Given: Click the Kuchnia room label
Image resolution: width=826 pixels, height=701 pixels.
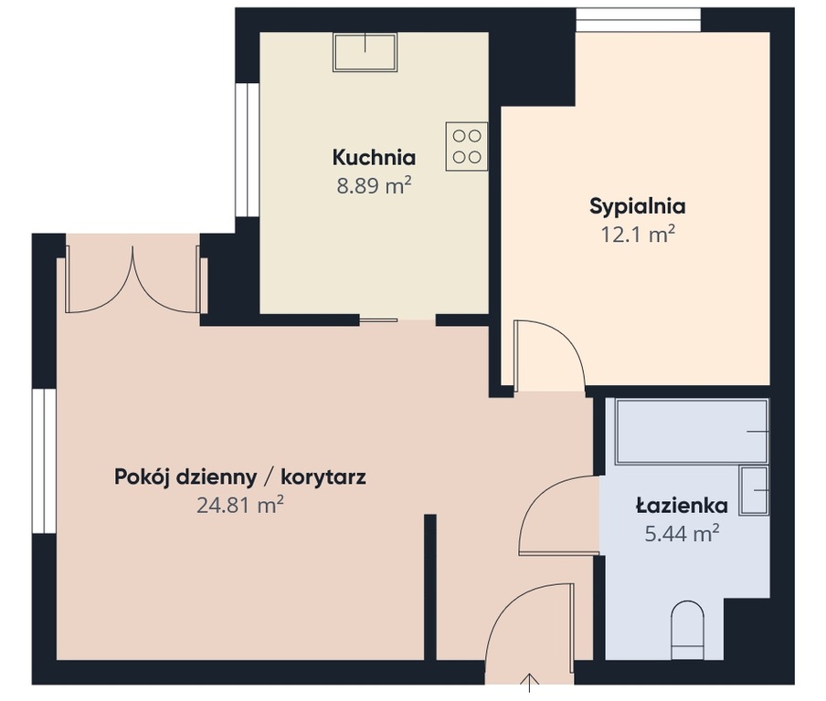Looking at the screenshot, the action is [x=374, y=157].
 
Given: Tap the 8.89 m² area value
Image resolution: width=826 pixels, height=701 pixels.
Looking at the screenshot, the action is [x=374, y=186].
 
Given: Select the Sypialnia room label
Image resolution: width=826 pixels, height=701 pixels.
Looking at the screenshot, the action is [x=638, y=206].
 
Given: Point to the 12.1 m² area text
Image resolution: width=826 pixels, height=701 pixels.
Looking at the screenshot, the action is [x=638, y=235].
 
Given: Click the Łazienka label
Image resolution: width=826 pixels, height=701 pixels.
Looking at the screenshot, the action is [x=683, y=506].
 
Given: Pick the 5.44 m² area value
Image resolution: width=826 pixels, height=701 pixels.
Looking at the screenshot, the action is [x=683, y=534].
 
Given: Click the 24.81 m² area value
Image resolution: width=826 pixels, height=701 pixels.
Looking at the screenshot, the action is [x=240, y=506].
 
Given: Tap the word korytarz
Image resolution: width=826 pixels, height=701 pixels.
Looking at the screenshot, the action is [x=323, y=477].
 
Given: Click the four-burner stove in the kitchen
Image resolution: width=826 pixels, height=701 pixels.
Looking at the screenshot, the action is [x=467, y=146].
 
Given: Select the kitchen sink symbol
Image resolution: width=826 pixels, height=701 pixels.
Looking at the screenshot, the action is [x=365, y=52].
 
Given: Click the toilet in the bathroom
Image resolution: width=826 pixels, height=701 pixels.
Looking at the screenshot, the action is [x=688, y=630].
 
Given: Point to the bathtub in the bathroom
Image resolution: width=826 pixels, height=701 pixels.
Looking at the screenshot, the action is [x=692, y=432].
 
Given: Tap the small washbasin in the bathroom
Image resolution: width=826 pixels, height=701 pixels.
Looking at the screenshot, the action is [x=754, y=490].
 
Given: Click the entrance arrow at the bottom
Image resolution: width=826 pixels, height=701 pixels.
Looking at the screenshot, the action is [x=529, y=682].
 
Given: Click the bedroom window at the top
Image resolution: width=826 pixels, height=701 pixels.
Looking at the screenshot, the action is [x=639, y=20].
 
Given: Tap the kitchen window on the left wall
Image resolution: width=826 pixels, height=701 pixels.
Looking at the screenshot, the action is [x=247, y=150].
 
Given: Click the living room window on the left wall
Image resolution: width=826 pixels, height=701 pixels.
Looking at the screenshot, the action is [x=44, y=461].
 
